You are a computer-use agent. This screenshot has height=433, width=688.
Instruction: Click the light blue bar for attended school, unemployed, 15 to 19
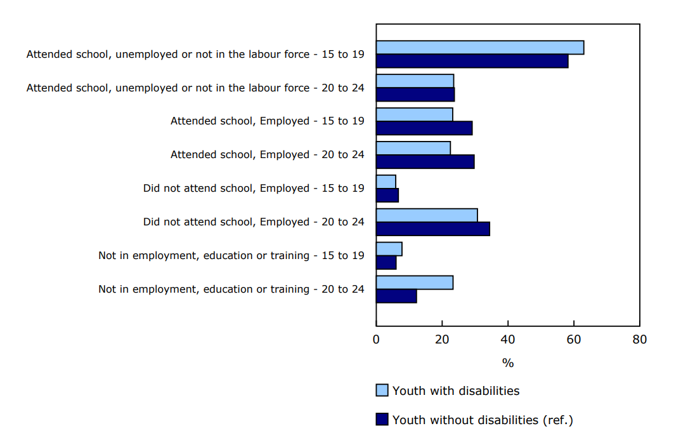479,48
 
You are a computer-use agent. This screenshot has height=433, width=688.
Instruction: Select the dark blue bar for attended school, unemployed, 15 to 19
472,62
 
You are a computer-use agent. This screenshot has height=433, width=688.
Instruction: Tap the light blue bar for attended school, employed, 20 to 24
413,148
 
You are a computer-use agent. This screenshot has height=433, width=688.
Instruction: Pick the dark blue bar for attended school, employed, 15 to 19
424,128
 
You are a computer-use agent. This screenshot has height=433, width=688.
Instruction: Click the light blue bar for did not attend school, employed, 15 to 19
386,182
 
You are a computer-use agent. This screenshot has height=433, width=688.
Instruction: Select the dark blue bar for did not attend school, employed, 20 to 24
432,229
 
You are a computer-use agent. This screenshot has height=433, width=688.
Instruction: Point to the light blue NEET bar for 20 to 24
414,283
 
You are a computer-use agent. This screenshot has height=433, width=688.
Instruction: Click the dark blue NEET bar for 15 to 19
386,262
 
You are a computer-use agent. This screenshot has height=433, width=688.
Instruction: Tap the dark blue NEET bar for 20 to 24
396,296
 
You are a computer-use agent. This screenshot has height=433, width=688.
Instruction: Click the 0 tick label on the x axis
376,340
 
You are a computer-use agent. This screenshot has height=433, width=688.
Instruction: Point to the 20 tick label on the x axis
442,340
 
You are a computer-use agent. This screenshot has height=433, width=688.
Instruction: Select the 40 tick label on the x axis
508,340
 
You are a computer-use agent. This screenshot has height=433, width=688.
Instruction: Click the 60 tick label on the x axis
574,340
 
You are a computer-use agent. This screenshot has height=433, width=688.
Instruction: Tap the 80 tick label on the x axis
639,340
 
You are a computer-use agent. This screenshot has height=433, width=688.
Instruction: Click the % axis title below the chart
508,363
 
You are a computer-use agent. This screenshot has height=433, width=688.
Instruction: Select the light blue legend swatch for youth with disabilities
382,390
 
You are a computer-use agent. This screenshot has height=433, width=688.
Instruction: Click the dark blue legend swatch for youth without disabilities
382,419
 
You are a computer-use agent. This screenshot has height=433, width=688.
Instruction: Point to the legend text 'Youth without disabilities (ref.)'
483,420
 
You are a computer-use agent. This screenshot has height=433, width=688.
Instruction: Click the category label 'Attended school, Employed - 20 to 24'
267,154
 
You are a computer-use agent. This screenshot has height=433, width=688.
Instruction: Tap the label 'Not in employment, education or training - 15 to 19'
231,255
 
